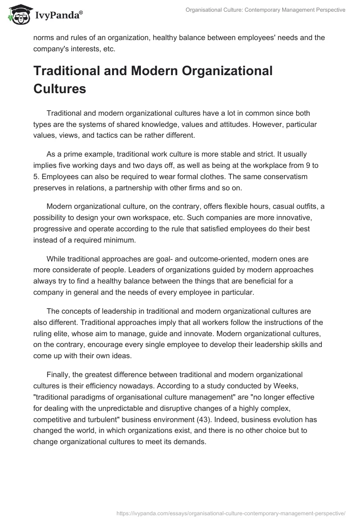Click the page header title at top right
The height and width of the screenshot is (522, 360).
265,10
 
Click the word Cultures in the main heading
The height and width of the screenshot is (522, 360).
59,89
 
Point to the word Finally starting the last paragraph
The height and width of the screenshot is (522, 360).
59,375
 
